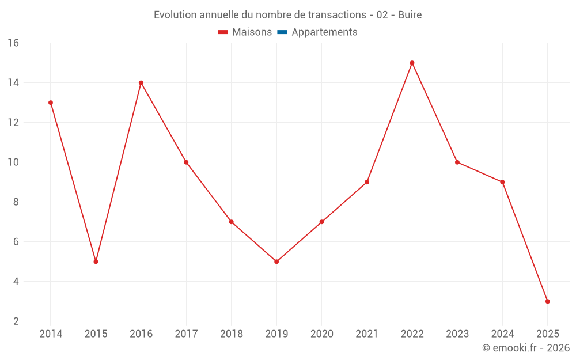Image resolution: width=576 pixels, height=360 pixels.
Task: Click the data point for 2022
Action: click(x=412, y=63)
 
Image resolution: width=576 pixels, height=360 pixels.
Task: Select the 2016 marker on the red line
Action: click(x=141, y=83)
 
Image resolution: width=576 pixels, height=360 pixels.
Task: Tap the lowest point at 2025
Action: click(x=547, y=301)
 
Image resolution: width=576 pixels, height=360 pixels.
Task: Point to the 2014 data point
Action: click(x=51, y=103)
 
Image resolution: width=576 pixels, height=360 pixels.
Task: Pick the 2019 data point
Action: click(x=276, y=262)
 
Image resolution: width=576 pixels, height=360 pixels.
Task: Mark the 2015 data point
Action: click(x=96, y=262)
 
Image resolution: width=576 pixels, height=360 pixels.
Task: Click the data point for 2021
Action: click(x=367, y=182)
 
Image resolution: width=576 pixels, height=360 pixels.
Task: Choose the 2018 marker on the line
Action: click(x=231, y=222)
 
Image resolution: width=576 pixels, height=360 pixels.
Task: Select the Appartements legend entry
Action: click(x=324, y=32)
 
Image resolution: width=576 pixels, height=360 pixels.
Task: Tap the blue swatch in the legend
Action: click(x=282, y=32)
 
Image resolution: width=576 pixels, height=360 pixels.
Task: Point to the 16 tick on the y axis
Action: click(x=13, y=43)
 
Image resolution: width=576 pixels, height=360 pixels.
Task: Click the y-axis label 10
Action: click(x=13, y=162)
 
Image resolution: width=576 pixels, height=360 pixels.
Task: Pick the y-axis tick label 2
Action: click(x=16, y=321)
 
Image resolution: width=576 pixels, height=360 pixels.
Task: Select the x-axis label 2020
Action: click(x=321, y=334)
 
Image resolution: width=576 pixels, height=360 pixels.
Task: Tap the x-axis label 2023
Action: click(x=457, y=334)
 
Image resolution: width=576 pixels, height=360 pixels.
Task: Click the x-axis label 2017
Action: click(x=186, y=334)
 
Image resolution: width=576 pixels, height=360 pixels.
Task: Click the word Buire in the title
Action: click(x=410, y=15)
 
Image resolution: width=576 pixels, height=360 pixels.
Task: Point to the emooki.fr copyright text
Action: click(x=526, y=348)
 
